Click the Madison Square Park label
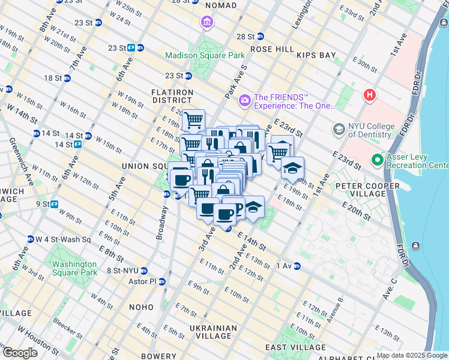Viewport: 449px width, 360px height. point(205,55)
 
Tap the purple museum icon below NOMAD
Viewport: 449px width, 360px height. point(207,23)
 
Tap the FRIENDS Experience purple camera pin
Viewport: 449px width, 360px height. point(244,100)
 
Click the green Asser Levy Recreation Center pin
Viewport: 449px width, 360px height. point(377,160)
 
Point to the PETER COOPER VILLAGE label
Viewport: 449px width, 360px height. point(368,190)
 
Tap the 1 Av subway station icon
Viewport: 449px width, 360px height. point(297,266)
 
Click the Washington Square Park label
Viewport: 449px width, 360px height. point(74,268)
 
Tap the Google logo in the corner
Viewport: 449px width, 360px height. point(20,352)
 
